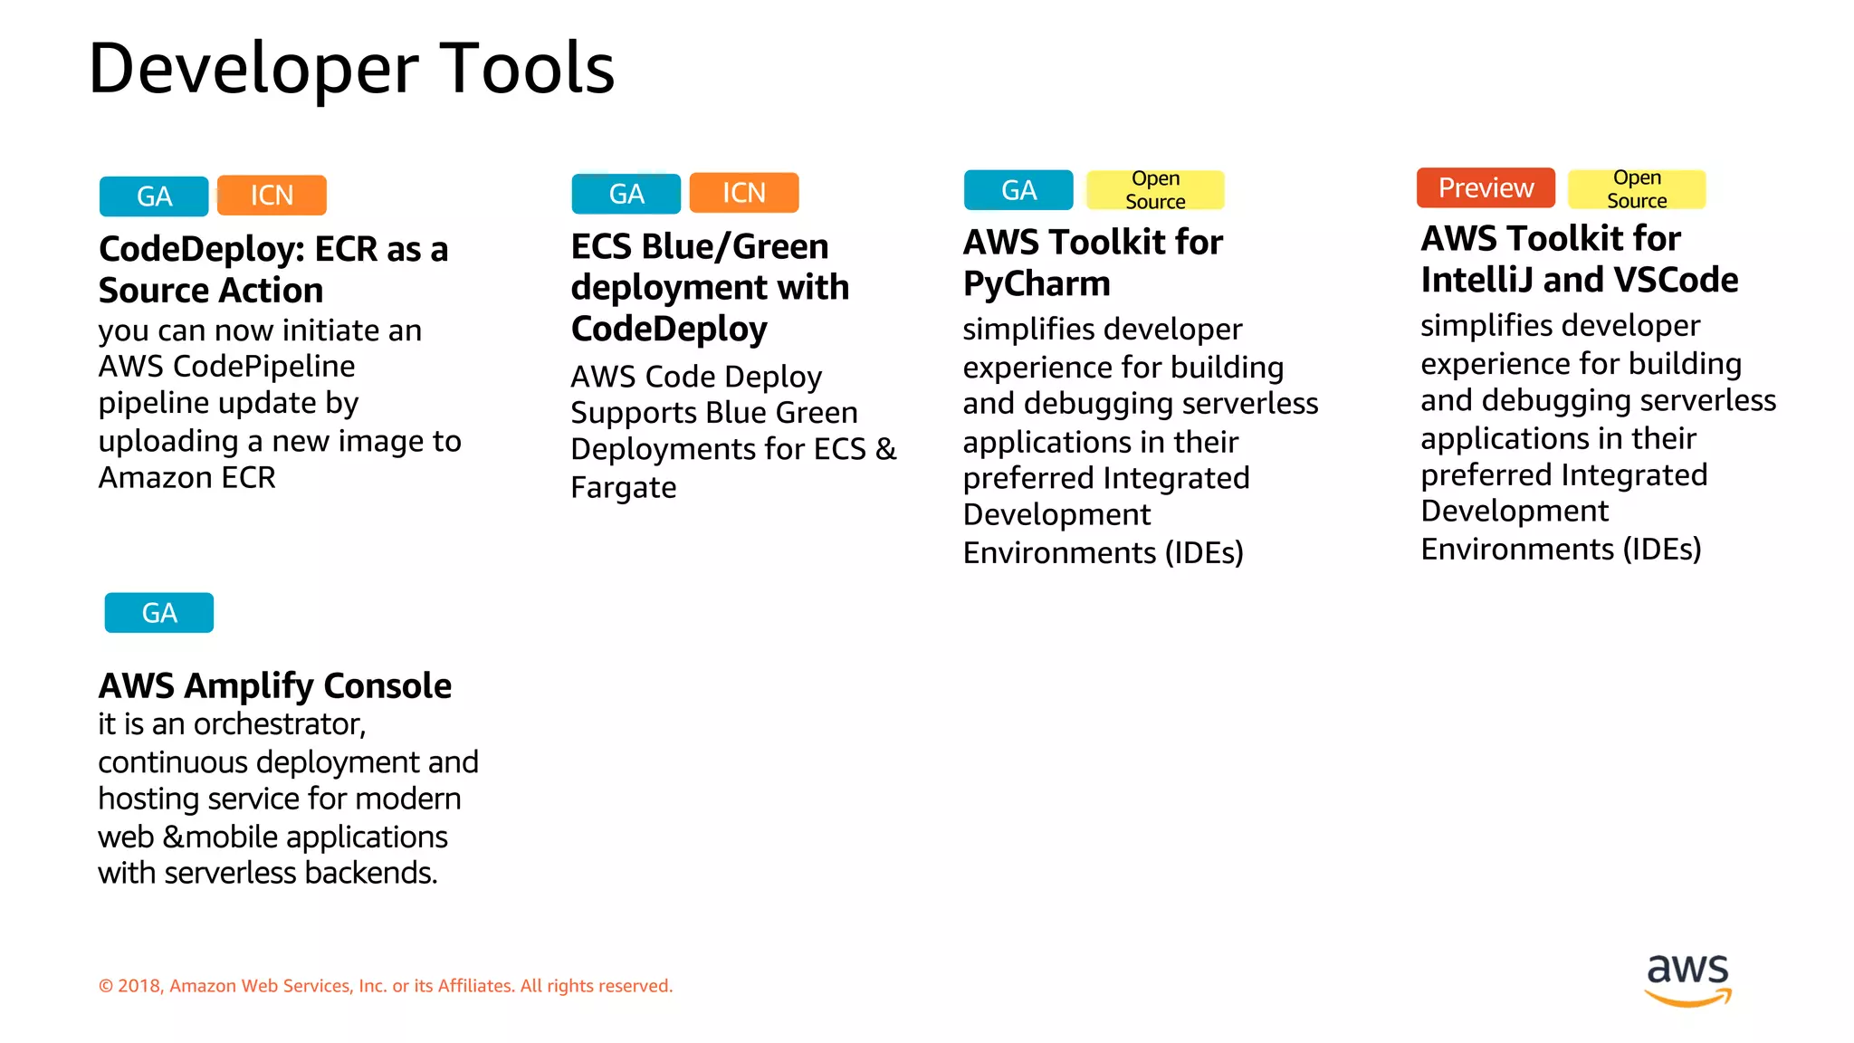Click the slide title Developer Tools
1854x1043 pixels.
tap(351, 69)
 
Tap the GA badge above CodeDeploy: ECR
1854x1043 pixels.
tap(154, 196)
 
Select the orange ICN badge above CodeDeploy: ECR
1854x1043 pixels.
tap(272, 195)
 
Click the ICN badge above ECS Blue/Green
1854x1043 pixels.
tap(743, 193)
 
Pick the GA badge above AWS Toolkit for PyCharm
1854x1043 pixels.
tap(1018, 190)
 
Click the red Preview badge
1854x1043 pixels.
tap(1486, 187)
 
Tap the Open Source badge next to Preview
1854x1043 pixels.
tap(1636, 189)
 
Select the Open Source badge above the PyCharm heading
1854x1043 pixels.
tap(1154, 190)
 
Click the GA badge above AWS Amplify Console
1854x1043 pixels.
tap(159, 613)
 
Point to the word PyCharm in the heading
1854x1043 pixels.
tap(1037, 284)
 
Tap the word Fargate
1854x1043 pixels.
tap(623, 488)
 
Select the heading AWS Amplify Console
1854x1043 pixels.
tap(274, 685)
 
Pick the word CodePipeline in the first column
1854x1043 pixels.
tap(263, 367)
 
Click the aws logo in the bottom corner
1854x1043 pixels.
tap(1687, 979)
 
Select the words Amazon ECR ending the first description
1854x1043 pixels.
tap(186, 477)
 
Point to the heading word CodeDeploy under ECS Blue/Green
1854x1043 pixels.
tap(669, 329)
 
